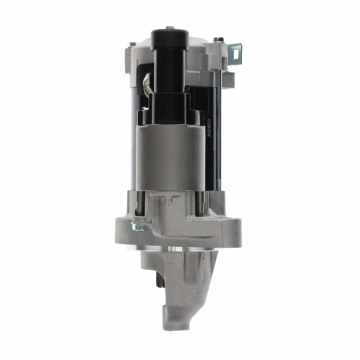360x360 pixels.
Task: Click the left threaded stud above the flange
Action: coord(138,205)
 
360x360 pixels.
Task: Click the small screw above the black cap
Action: coord(170,27)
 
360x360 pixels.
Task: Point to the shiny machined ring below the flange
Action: coord(172,249)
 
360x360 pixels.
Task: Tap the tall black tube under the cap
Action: coord(170,70)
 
